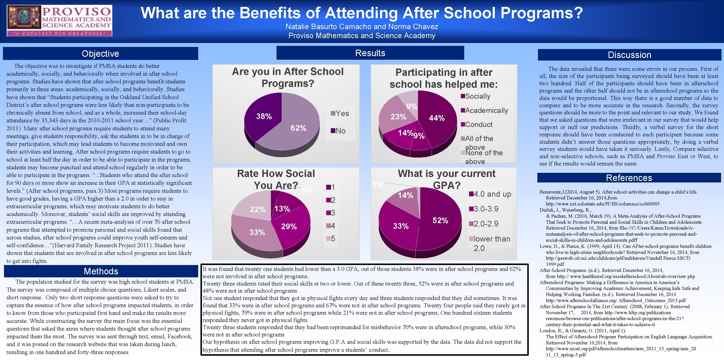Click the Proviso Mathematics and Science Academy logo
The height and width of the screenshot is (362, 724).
tap(59, 21)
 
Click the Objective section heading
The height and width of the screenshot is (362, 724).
tap(100, 54)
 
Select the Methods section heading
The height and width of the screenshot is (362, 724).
tap(101, 271)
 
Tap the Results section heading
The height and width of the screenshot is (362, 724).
tap(370, 53)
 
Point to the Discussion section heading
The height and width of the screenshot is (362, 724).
tap(629, 55)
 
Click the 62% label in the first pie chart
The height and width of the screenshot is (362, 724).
tap(298, 128)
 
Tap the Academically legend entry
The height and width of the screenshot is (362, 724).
tap(484, 110)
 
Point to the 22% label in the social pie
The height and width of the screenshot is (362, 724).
tap(257, 209)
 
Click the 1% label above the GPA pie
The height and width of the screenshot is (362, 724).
tap(378, 185)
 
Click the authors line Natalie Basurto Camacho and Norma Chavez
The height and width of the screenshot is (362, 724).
tap(362, 27)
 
